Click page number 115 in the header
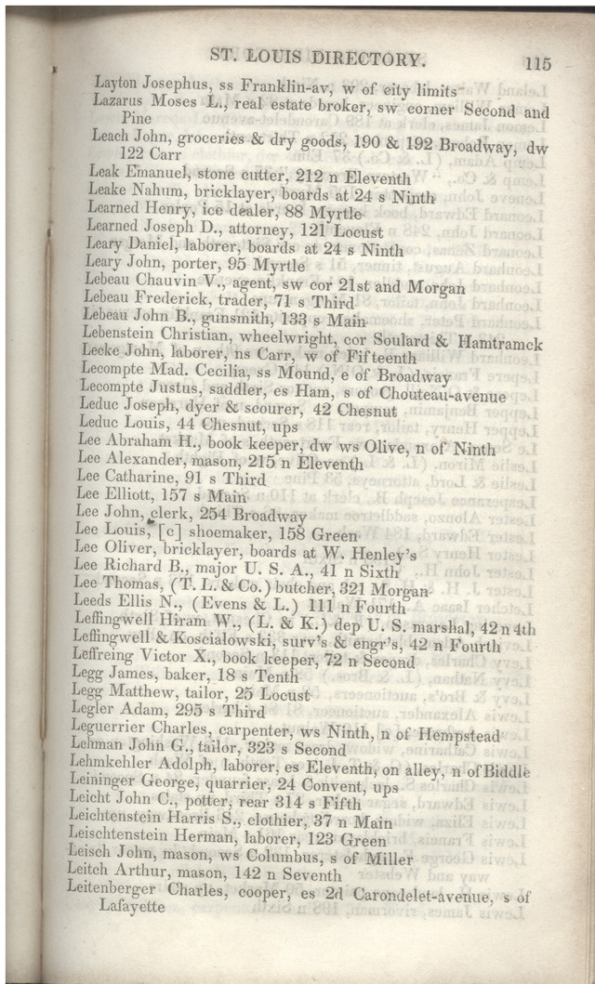(537, 63)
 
